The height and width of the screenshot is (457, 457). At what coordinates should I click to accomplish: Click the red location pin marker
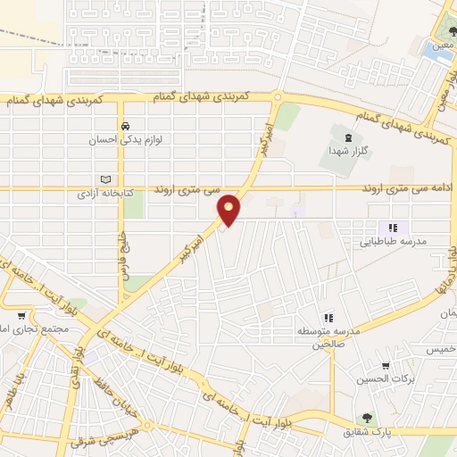pyautogui.click(x=229, y=209)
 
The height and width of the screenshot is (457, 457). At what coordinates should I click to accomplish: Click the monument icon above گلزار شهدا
pyautogui.click(x=348, y=137)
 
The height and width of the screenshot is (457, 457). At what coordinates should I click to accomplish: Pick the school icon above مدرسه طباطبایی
pyautogui.click(x=393, y=228)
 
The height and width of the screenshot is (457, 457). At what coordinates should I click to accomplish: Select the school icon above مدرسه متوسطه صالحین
pyautogui.click(x=328, y=318)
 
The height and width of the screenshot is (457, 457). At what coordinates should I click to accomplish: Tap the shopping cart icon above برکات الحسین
pyautogui.click(x=385, y=365)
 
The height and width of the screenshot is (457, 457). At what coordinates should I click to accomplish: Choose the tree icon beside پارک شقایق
pyautogui.click(x=365, y=419)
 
